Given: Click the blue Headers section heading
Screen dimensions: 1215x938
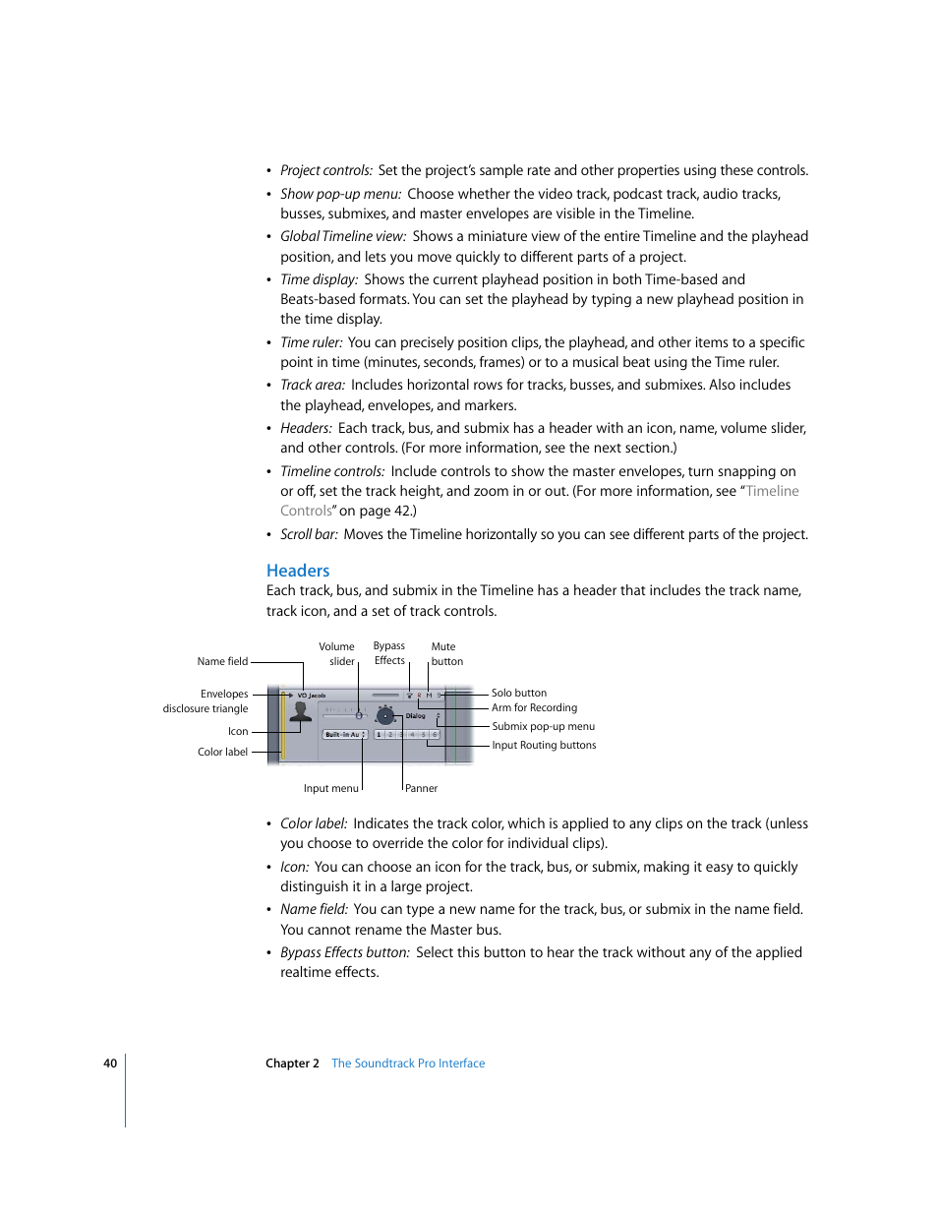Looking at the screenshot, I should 298,571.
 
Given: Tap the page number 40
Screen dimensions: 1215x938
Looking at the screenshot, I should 110,1063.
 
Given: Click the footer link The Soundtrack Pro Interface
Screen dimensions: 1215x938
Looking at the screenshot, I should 408,1063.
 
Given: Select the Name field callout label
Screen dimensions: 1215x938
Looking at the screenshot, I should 222,662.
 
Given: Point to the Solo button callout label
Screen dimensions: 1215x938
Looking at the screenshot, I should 519,694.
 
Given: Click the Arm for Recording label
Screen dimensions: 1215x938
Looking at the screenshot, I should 534,708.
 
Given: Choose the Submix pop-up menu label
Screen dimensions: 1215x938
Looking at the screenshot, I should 543,727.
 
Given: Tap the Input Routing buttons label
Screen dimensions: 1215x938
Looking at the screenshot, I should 544,746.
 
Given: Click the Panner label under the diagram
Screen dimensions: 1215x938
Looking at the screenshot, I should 421,789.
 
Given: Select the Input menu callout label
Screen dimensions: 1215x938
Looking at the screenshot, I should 330,789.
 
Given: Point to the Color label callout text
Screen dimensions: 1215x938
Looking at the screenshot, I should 222,753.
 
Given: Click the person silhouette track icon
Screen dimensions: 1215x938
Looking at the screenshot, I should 301,712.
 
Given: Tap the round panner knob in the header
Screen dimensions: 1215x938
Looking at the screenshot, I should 385,716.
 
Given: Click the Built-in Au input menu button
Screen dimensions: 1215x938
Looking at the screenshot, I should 345,735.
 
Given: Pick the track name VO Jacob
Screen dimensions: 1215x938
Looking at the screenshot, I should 311,696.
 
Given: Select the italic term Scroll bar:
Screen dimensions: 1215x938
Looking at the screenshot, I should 309,535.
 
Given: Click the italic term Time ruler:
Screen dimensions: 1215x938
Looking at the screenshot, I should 311,343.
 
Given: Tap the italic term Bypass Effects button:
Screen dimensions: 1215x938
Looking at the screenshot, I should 344,953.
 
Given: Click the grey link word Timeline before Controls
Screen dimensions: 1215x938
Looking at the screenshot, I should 772,492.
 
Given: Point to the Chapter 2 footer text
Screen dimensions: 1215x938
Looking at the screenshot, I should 292,1063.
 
